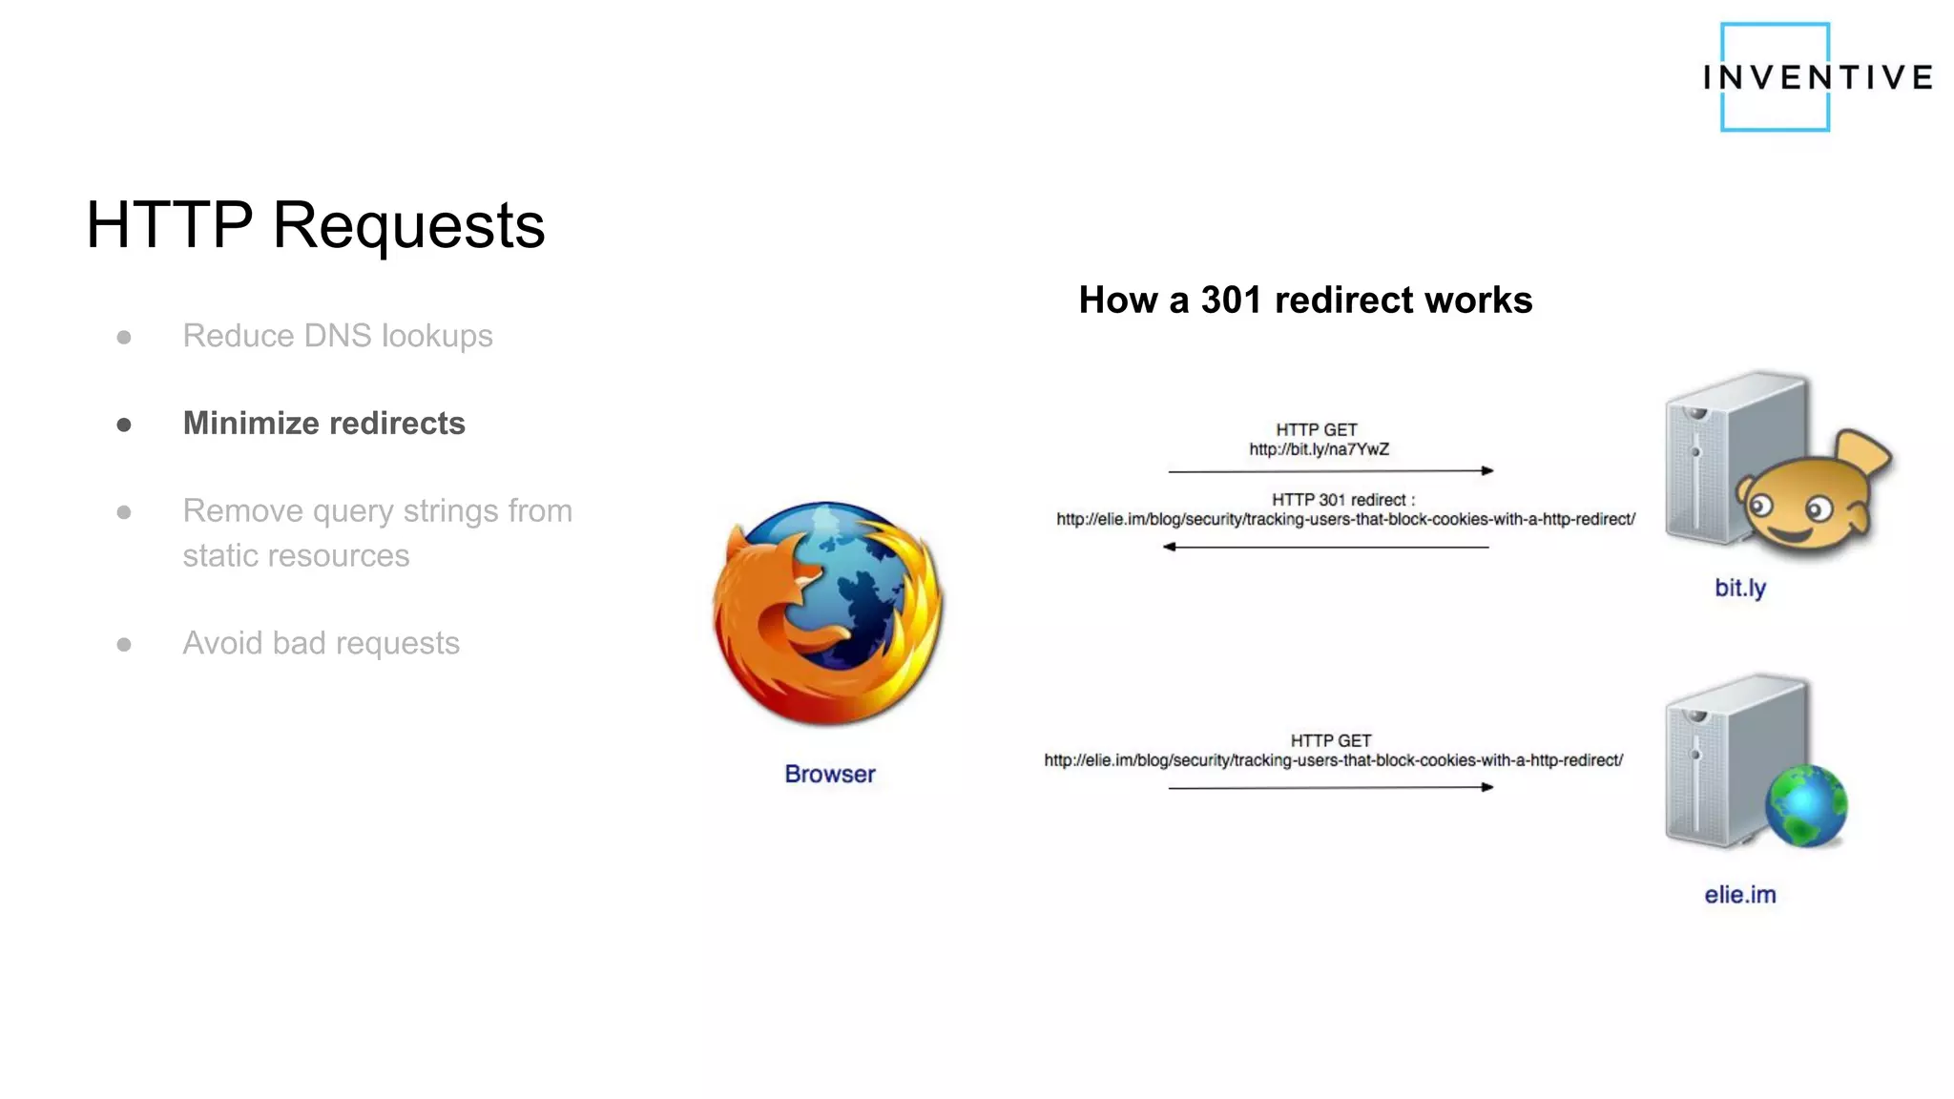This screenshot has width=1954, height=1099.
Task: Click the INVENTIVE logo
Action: click(x=1817, y=77)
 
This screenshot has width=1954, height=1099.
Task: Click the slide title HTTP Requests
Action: click(x=315, y=226)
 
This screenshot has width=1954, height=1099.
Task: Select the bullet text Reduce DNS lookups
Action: click(x=338, y=336)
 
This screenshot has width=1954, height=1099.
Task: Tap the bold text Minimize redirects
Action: click(x=323, y=424)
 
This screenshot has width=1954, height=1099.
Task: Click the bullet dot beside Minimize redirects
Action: click(x=124, y=425)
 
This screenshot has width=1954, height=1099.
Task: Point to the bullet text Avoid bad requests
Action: click(x=321, y=643)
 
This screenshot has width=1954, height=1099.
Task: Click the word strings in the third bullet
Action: click(x=450, y=511)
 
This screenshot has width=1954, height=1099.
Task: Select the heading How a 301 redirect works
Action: click(x=1304, y=301)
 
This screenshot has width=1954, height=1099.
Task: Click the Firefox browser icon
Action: click(x=828, y=612)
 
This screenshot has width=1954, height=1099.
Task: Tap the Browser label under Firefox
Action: click(x=829, y=774)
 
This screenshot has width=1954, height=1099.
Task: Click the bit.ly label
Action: click(x=1739, y=588)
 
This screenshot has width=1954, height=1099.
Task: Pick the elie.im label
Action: click(x=1739, y=895)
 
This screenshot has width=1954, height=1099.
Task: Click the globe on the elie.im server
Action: click(x=1805, y=806)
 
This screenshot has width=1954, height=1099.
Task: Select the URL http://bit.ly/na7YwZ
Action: click(x=1319, y=449)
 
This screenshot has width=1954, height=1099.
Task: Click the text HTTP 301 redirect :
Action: click(x=1342, y=500)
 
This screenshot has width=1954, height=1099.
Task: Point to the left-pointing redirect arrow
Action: click(x=1326, y=547)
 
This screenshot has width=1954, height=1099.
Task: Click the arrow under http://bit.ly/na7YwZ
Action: click(x=1330, y=470)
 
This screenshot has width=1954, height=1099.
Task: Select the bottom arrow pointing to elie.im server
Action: click(x=1330, y=787)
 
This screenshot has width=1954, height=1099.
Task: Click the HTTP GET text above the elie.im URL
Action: click(x=1330, y=740)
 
